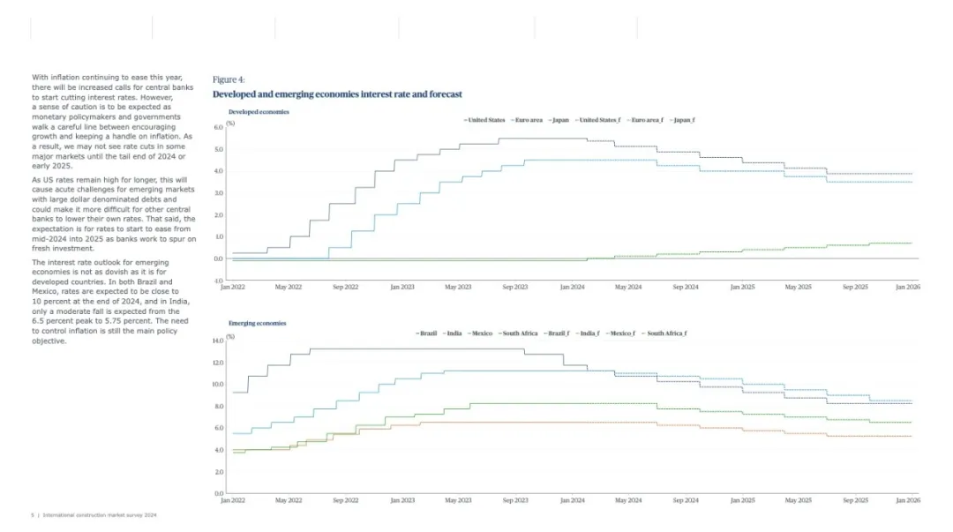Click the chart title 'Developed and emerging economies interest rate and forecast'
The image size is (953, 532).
[x=337, y=94]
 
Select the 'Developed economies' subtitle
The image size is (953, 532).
[x=259, y=112]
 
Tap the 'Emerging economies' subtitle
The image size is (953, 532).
[x=257, y=324]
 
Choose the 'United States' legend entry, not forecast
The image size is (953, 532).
[x=485, y=120]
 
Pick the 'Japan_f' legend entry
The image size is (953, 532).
[x=683, y=120]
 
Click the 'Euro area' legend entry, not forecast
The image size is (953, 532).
[x=529, y=120]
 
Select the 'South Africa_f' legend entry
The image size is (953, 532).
[x=666, y=333]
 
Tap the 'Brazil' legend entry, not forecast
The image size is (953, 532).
[x=428, y=333]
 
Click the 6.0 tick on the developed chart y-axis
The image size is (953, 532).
[x=219, y=127]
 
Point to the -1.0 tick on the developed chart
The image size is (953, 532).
[x=218, y=281]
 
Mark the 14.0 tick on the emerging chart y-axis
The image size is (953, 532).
[x=218, y=341]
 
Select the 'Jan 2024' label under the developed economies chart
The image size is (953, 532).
[x=572, y=288]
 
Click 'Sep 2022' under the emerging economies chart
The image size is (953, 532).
[x=345, y=500]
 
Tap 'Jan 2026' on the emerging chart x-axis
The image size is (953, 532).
[x=907, y=500]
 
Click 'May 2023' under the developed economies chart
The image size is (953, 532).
[x=458, y=288]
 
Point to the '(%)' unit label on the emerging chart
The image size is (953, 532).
[x=230, y=336]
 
